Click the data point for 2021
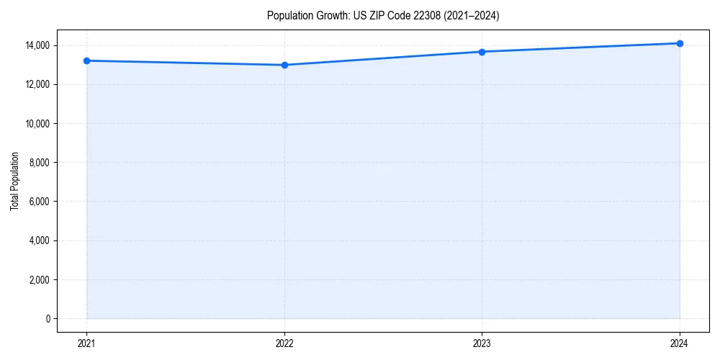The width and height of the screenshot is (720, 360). click(86, 60)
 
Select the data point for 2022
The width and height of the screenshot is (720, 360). click(284, 65)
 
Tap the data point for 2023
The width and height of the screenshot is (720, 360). click(482, 52)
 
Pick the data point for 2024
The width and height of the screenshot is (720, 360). click(680, 43)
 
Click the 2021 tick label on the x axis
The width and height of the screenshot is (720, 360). click(86, 343)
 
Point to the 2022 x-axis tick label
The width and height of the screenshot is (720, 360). click(284, 343)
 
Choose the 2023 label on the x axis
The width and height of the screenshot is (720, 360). click(482, 343)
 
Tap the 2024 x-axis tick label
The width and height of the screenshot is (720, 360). click(680, 343)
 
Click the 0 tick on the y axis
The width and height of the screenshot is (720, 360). click(48, 318)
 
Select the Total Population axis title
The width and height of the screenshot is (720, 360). click(14, 181)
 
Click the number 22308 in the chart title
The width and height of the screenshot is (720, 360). click(418, 16)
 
